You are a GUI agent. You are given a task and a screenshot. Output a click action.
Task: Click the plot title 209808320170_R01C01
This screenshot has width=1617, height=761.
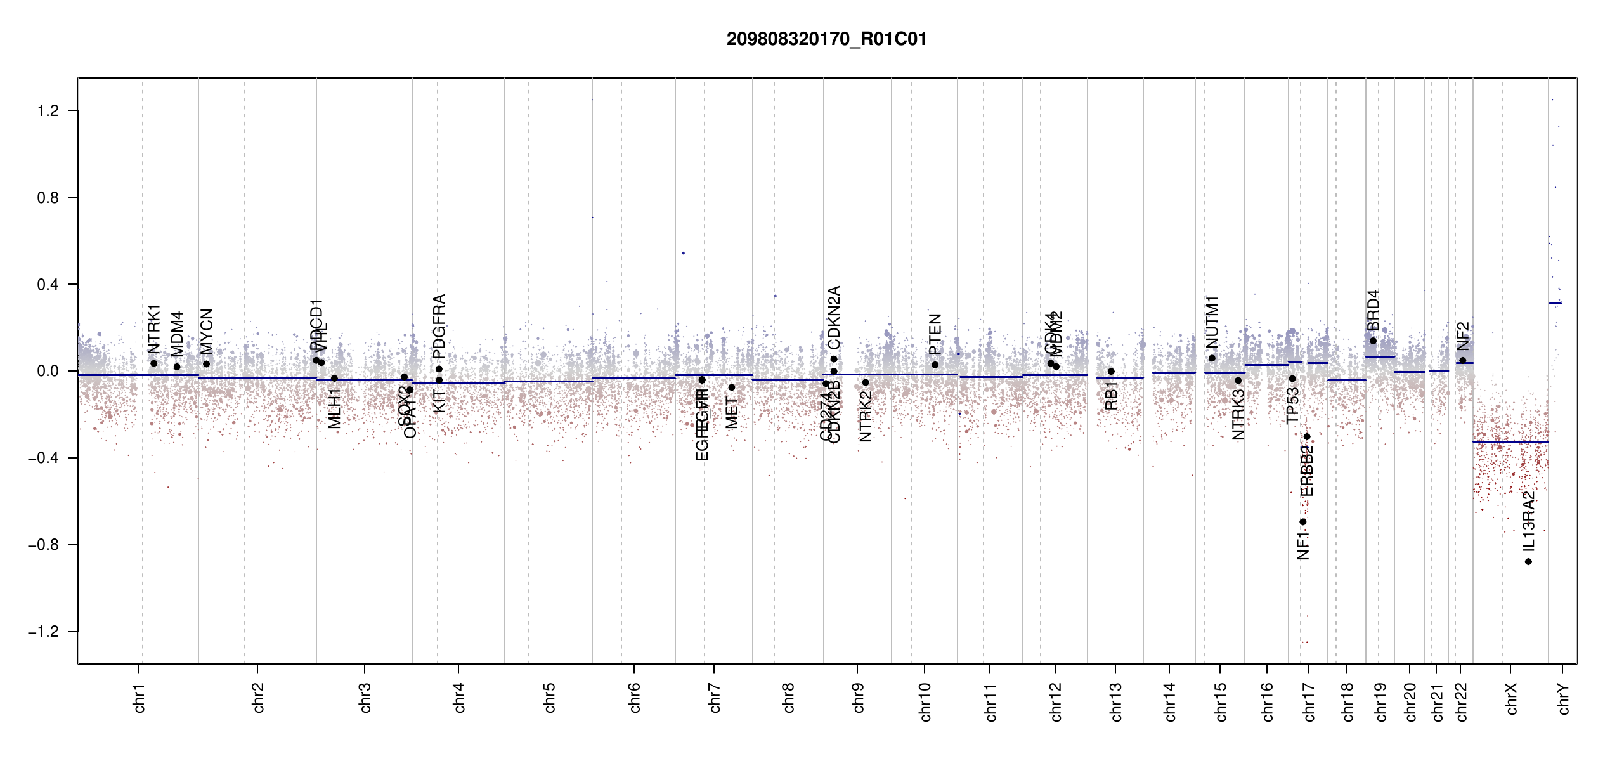click(x=826, y=39)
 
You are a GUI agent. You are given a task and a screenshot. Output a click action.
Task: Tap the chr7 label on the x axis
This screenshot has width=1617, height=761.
click(x=715, y=698)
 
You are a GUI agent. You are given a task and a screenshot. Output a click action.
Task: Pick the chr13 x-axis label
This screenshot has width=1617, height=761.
click(x=1115, y=701)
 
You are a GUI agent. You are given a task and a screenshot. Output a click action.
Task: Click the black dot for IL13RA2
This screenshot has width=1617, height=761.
click(x=1528, y=562)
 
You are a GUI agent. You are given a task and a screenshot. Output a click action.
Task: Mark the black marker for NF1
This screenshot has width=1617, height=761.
click(x=1303, y=522)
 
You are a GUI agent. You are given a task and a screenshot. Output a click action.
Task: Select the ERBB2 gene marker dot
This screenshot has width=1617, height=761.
click(x=1307, y=437)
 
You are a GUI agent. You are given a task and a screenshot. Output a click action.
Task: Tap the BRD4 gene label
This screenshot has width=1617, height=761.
click(x=1373, y=311)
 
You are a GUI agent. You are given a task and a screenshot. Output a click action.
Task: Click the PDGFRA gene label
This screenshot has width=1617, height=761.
click(x=439, y=327)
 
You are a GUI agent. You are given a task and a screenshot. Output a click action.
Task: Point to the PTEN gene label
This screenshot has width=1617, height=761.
click(x=935, y=334)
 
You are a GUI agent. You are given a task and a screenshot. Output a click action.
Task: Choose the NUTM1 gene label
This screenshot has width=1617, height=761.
click(x=1212, y=322)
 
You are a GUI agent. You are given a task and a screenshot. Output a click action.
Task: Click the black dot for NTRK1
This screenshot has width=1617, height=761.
click(x=153, y=363)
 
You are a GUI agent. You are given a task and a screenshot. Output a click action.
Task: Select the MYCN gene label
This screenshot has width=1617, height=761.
click(x=207, y=331)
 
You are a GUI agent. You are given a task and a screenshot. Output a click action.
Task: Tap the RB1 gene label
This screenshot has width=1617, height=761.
click(x=1111, y=396)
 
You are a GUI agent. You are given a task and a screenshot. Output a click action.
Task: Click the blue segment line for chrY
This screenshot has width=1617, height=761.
click(x=1555, y=303)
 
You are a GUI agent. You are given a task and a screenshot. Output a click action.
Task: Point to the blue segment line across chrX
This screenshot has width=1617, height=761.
click(x=1510, y=441)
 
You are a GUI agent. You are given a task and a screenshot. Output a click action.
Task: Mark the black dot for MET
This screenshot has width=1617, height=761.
click(x=732, y=387)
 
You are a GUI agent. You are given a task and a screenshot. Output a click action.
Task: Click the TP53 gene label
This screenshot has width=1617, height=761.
click(x=1292, y=405)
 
